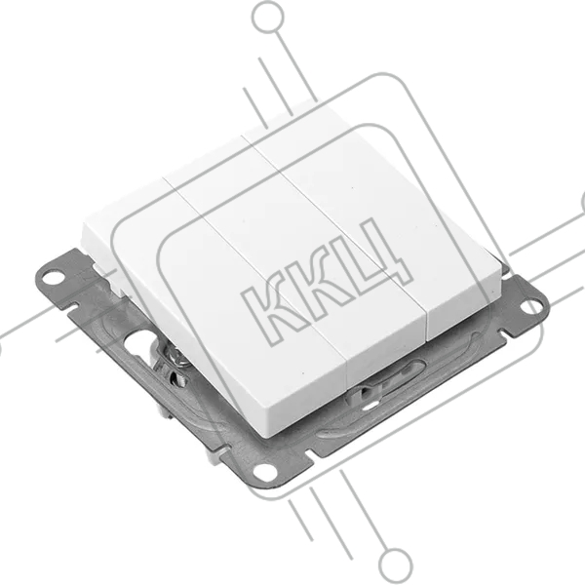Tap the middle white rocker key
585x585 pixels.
[x=294, y=257]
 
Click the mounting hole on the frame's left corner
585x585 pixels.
[x=53, y=277]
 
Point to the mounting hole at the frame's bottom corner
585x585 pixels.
[x=265, y=472]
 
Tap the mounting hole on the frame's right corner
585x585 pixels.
[x=530, y=307]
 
